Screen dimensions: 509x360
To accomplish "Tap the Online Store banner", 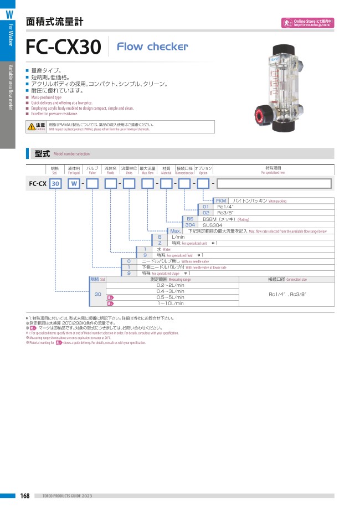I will tap(307, 23).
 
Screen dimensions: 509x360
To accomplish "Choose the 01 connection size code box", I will tap(205, 207).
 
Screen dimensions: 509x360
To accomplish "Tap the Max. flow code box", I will tap(175, 231).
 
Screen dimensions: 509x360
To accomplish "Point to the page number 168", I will tap(24, 495).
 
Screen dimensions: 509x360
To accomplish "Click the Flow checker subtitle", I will tap(152, 47).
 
